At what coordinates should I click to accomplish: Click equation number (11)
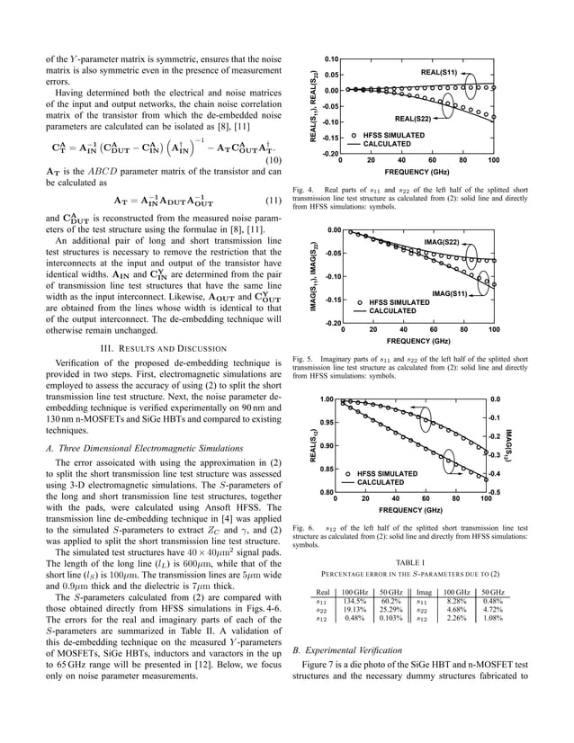click(x=272, y=201)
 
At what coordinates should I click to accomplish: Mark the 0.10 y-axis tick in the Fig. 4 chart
click(x=330, y=58)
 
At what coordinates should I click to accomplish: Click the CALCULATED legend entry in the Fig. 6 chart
click(x=387, y=483)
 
